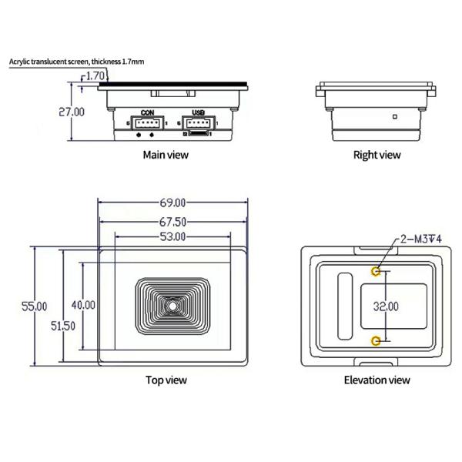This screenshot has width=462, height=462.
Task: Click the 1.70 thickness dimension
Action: [x=95, y=75]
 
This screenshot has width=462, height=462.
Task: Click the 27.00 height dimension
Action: [x=72, y=112]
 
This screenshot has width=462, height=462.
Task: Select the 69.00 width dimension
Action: [x=172, y=203]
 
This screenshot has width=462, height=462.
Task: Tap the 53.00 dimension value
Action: [x=172, y=237]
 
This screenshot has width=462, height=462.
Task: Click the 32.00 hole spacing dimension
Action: [x=385, y=306]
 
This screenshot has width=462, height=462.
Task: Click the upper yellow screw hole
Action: [x=376, y=271]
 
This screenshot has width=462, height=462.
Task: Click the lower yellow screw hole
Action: [x=376, y=340]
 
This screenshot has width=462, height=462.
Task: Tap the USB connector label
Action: [x=198, y=112]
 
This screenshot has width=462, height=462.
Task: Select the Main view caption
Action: [x=166, y=155]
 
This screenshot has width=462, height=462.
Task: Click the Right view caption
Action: [x=377, y=155]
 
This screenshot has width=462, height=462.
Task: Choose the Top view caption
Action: [x=166, y=380]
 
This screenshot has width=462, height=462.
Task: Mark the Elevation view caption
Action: [x=377, y=380]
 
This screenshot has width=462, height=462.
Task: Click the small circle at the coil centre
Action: [x=173, y=306]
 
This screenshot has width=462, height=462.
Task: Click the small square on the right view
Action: [x=393, y=117]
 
